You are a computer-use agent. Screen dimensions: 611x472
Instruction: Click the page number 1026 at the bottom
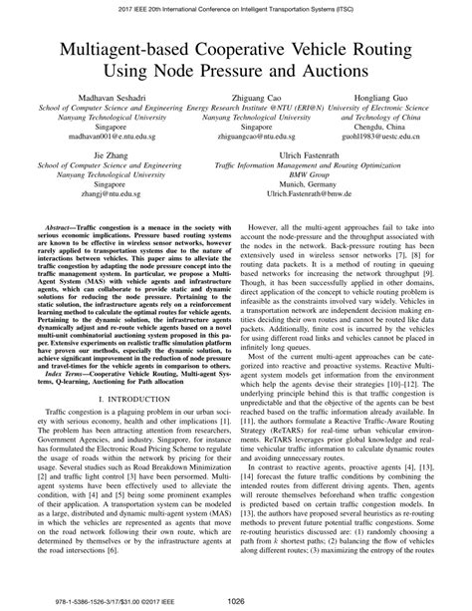(236, 598)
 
